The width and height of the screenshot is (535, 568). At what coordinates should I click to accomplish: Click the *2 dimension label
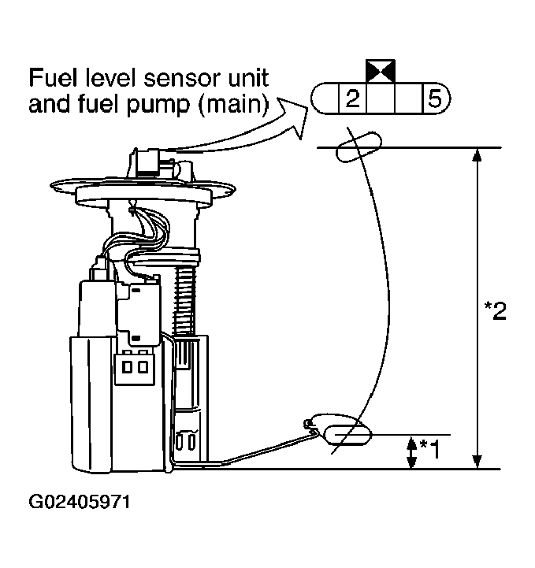coord(494,310)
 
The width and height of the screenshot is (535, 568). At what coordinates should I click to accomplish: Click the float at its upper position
coord(359,148)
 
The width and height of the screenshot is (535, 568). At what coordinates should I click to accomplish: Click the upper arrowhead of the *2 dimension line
coord(476,155)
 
